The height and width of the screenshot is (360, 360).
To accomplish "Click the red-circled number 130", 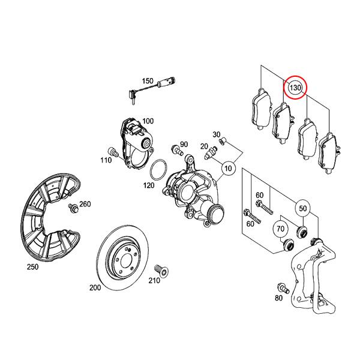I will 295,88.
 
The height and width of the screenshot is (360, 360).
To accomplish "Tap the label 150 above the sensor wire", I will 148,81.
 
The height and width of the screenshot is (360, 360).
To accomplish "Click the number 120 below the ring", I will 148,186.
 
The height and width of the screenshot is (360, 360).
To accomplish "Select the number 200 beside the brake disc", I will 95,288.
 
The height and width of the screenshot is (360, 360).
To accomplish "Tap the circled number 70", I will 280,229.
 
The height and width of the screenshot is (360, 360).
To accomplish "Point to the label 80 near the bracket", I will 278,298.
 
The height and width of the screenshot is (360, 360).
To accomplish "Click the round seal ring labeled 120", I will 157,170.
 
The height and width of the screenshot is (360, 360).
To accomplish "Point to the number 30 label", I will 217,134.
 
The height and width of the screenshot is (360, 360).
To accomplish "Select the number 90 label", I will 184,145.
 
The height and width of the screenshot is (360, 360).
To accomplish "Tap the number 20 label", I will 204,146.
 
